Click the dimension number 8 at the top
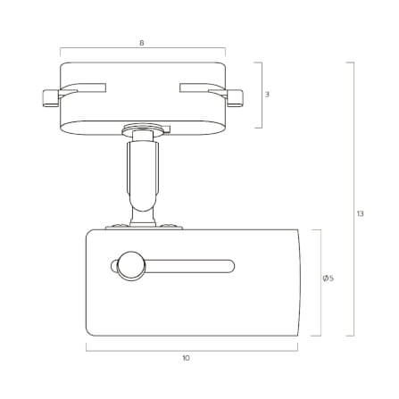point(142,43)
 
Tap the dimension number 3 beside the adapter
point(267,95)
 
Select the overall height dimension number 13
point(361,213)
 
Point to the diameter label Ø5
point(328,278)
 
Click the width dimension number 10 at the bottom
point(186,358)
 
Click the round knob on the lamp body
point(130,266)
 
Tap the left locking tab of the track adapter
point(51,97)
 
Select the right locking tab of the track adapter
point(235,97)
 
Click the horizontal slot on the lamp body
point(189,266)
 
